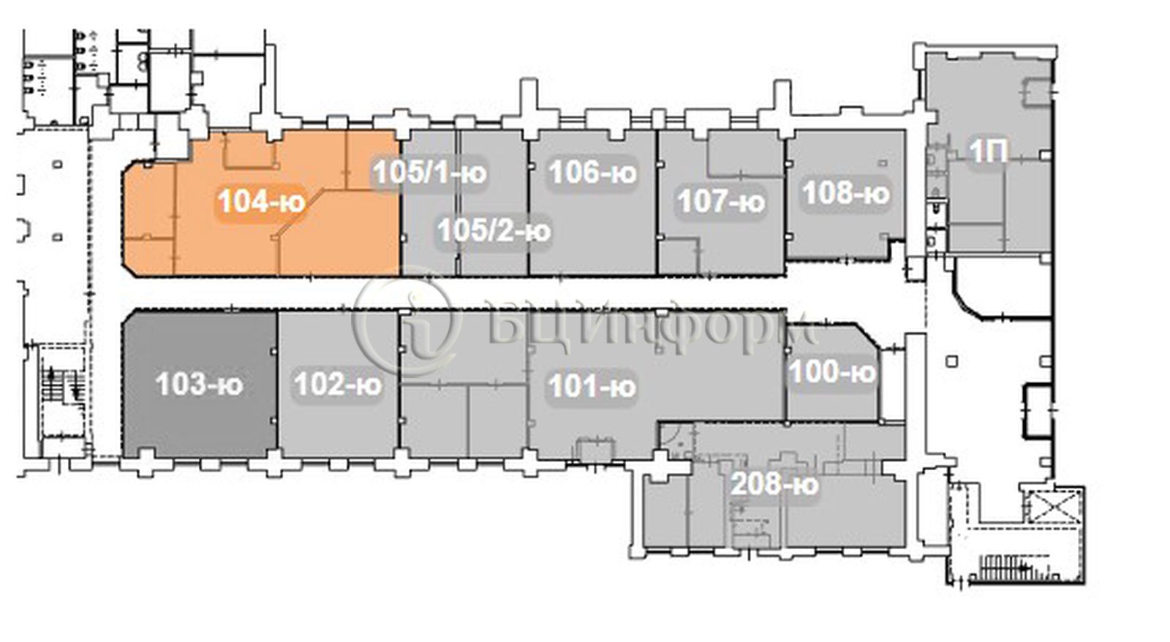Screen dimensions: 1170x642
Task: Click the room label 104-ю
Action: (261, 201)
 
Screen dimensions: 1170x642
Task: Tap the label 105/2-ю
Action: (494, 230)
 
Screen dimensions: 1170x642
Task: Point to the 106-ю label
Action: (593, 172)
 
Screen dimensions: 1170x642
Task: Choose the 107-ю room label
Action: (721, 201)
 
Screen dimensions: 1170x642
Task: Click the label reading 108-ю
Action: (845, 193)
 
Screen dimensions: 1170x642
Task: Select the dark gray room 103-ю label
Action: (199, 385)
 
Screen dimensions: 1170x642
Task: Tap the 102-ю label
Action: (338, 385)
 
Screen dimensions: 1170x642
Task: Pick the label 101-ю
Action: (592, 387)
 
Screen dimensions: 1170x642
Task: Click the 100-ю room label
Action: (832, 372)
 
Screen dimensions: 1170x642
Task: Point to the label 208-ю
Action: (774, 484)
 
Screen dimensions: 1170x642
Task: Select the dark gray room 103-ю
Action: (200, 385)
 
